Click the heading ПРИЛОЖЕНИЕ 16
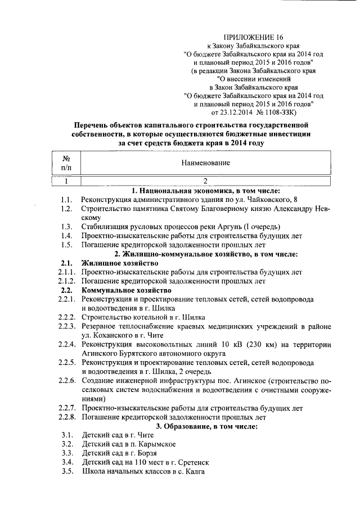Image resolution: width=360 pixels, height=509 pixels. pyautogui.click(x=253, y=35)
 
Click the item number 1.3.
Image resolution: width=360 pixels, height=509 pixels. pyautogui.click(x=66, y=227)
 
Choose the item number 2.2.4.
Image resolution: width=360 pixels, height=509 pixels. pyautogui.click(x=66, y=344)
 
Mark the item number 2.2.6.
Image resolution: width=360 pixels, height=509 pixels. pyautogui.click(x=66, y=381)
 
